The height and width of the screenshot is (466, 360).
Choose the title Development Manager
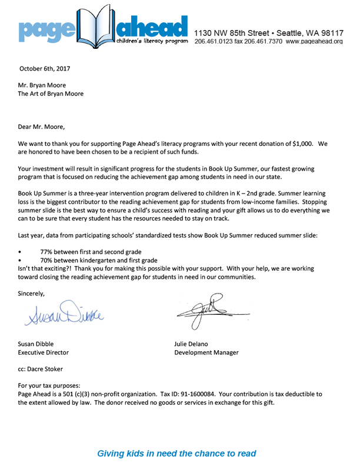pyautogui.click(x=206, y=352)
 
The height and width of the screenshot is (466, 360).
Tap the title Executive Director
pyautogui.click(x=44, y=352)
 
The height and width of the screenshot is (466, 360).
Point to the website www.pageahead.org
pyautogui.click(x=314, y=42)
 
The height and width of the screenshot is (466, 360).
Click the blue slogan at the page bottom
pyautogui.click(x=176, y=453)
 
